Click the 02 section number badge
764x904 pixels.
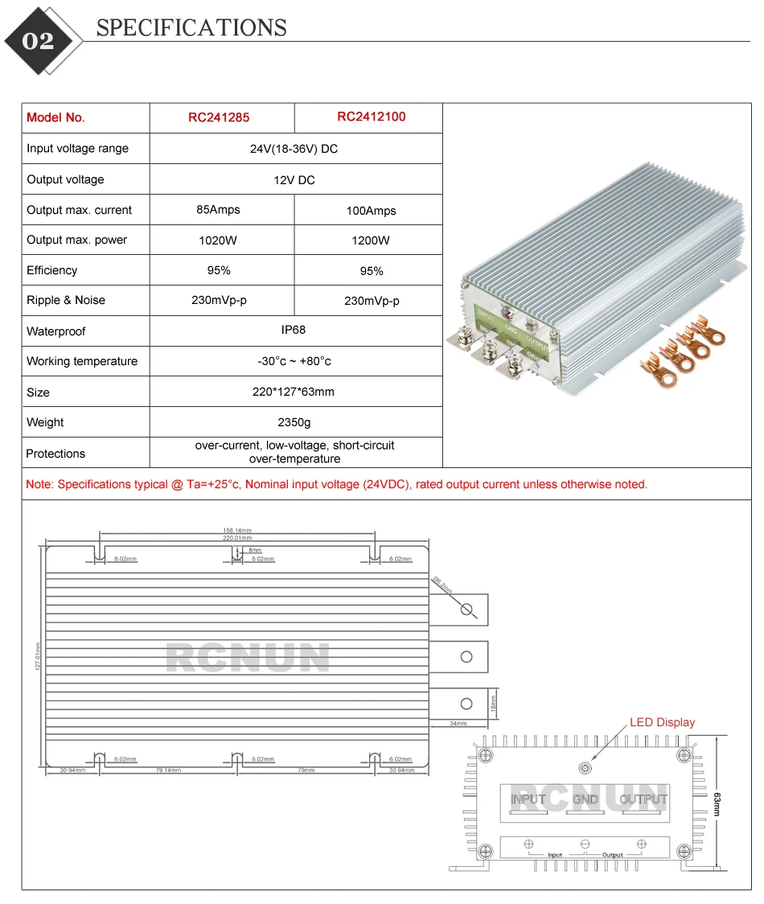click(x=38, y=41)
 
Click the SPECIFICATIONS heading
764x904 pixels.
click(x=191, y=28)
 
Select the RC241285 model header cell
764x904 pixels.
click(x=219, y=117)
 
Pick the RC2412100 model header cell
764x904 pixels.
click(x=371, y=117)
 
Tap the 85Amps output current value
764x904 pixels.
click(x=219, y=210)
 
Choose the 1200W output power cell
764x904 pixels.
click(x=371, y=240)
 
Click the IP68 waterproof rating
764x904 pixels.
click(x=294, y=330)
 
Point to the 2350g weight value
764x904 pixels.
click(x=294, y=422)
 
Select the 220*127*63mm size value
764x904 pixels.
click(x=294, y=392)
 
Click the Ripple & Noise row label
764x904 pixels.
click(x=66, y=300)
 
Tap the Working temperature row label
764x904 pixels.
click(x=82, y=361)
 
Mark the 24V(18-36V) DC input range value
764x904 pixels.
click(x=294, y=149)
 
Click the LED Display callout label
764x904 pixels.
click(x=662, y=722)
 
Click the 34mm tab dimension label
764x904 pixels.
click(x=458, y=724)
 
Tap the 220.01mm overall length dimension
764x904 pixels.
click(x=237, y=538)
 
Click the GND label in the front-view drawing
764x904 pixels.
click(x=585, y=799)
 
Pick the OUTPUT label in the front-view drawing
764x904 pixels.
click(x=643, y=799)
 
